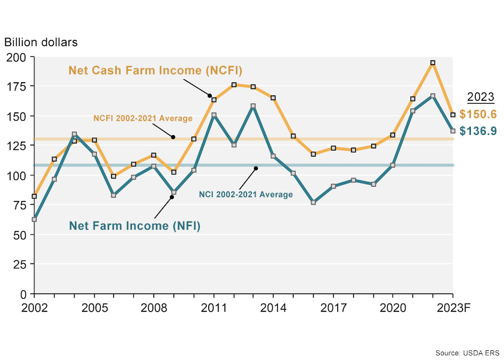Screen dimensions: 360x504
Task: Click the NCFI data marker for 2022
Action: pos(433,62)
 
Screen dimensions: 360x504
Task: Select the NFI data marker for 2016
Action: pos(313,203)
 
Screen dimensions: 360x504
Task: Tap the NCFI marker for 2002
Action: pos(34,196)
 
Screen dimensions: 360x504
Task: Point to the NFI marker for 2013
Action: pos(253,106)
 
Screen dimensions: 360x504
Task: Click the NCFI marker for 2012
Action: pos(233,85)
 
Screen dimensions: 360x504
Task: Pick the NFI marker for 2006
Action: pos(114,195)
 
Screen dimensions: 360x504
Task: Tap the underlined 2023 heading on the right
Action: pos(480,97)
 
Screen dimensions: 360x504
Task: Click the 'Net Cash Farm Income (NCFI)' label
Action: pos(155,70)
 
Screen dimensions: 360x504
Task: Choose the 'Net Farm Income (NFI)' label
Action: pos(134,226)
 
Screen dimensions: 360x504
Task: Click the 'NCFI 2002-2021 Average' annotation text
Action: pos(143,118)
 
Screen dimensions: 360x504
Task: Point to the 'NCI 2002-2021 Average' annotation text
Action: pos(245,194)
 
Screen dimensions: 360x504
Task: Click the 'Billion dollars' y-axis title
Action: pos(41,43)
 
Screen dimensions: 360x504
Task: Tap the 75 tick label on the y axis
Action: pos(20,205)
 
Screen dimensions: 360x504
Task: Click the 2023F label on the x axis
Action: pos(452,307)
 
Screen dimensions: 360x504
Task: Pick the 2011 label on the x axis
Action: pos(214,307)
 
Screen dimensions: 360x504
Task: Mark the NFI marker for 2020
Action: pos(393,165)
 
